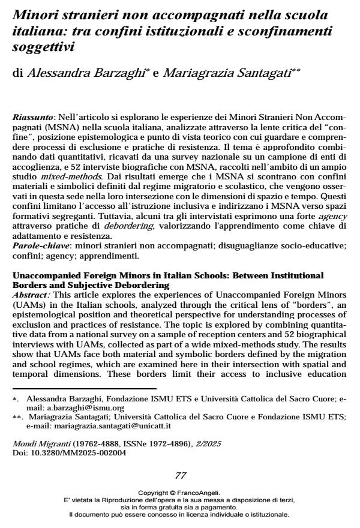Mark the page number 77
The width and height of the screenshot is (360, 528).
click(180, 492)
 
